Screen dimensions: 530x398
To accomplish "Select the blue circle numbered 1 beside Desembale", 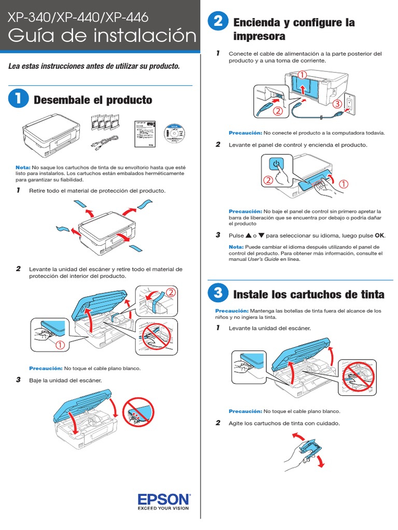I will tap(18, 99).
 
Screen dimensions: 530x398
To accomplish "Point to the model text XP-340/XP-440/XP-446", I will tap(78, 17).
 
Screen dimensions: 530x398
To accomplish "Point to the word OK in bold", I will tap(380, 235).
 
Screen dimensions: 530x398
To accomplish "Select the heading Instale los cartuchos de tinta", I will tap(309, 295).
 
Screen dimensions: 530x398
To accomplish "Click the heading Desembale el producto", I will tap(93, 100).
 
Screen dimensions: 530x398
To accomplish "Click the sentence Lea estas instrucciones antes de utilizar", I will tap(95, 66).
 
